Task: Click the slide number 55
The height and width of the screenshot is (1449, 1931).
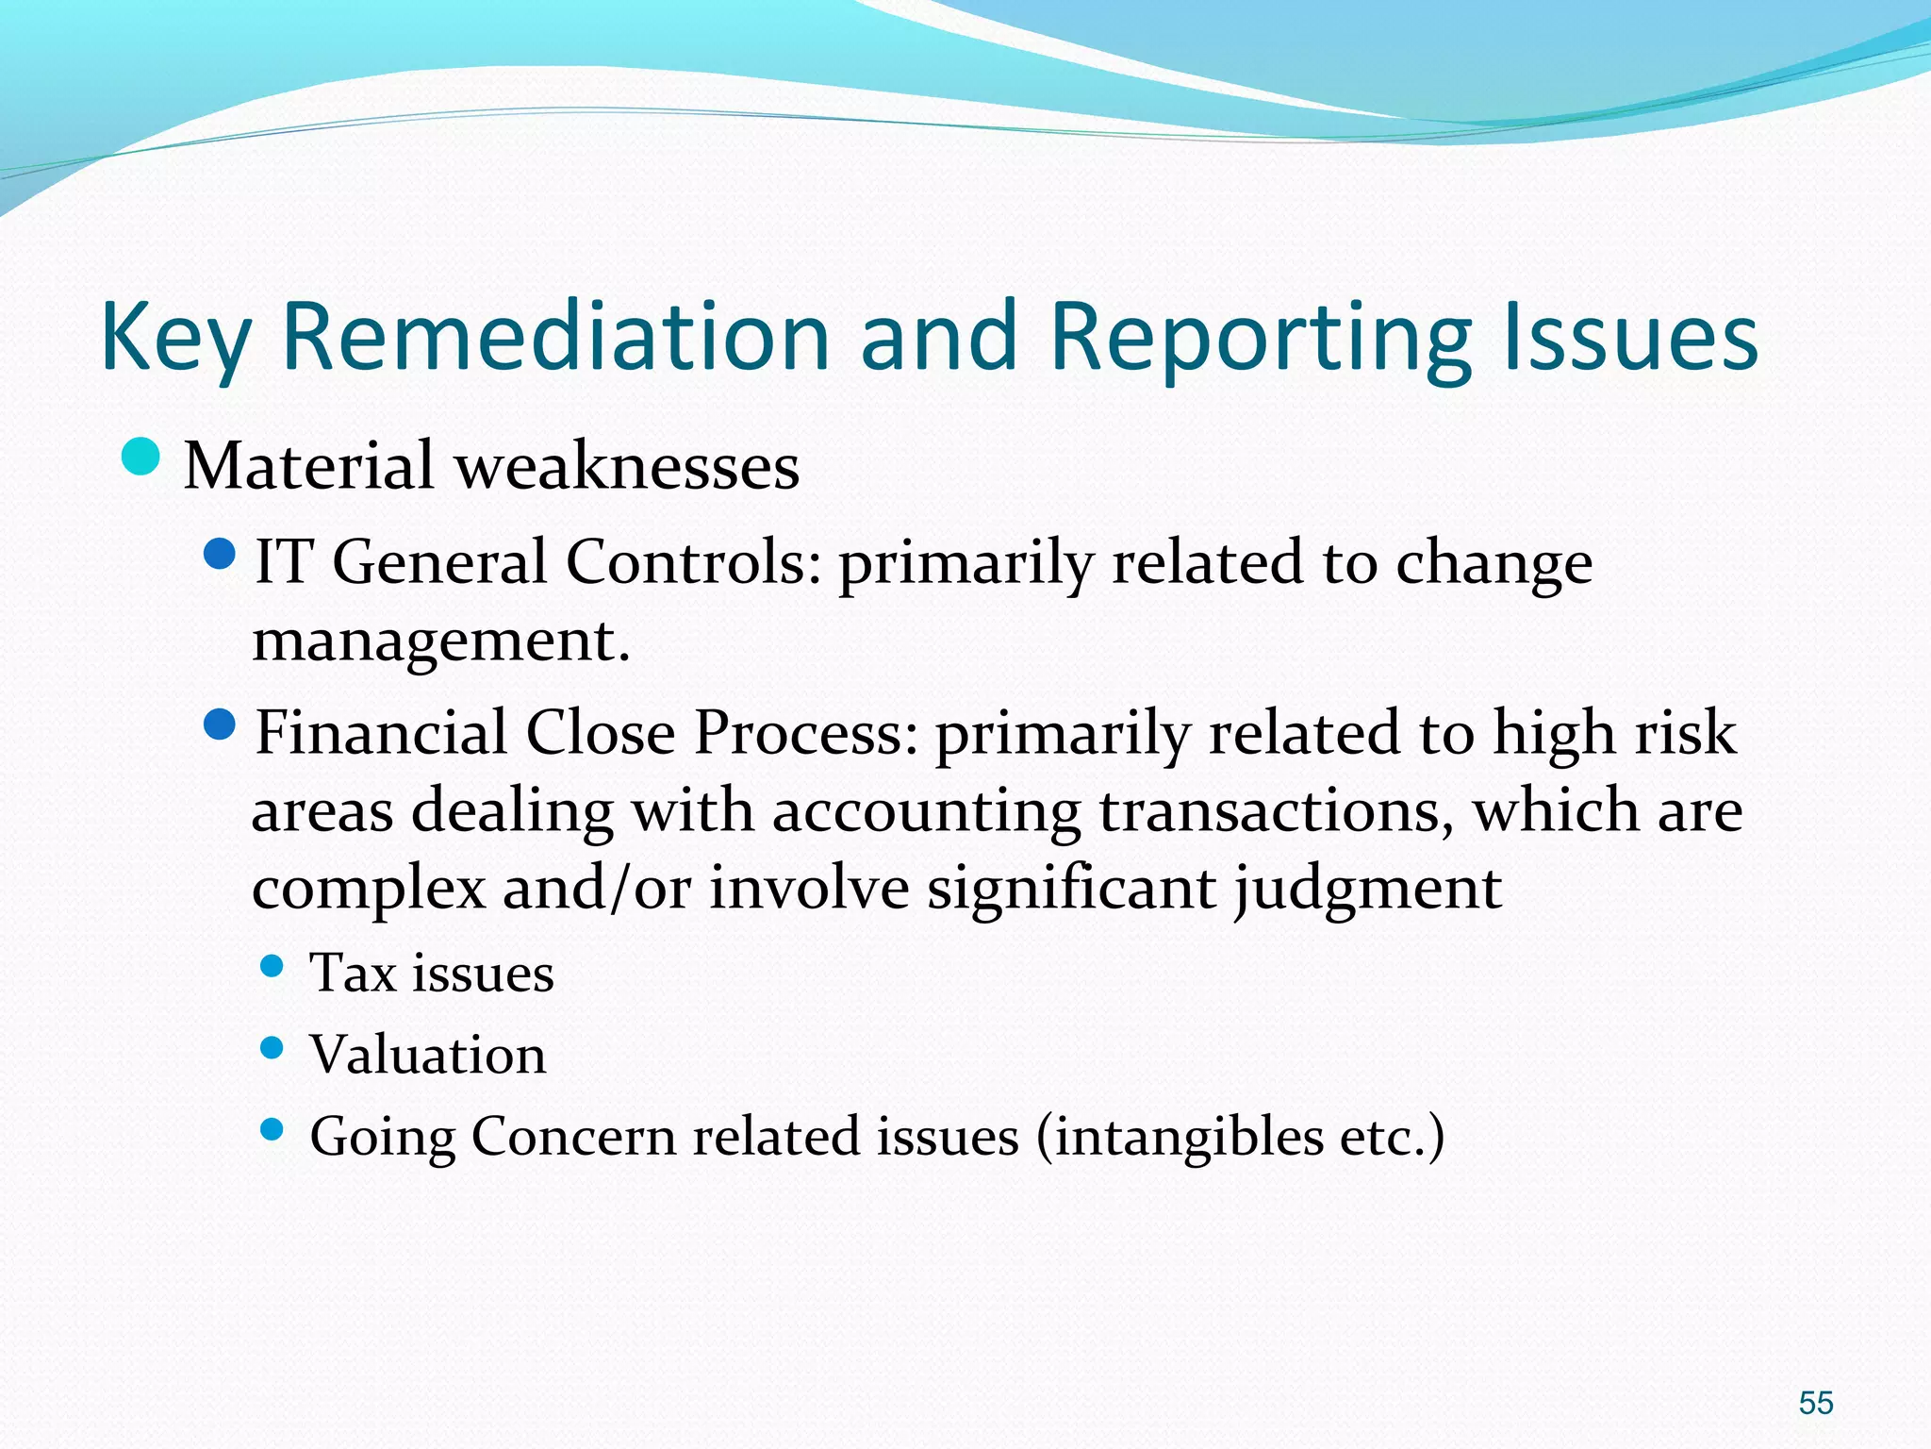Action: [x=1815, y=1402]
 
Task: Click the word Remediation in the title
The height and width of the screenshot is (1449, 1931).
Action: [x=555, y=337]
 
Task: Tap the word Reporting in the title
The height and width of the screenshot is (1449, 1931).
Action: [x=1261, y=337]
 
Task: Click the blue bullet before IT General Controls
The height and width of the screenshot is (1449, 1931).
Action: [x=219, y=555]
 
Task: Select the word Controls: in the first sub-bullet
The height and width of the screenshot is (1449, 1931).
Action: [x=693, y=563]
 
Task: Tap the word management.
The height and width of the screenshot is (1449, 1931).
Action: [x=440, y=641]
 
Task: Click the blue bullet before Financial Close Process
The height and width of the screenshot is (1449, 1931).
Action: [x=219, y=725]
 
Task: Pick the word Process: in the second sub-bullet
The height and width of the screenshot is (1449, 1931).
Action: [x=806, y=734]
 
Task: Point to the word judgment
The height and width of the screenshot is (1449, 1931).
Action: [x=1368, y=890]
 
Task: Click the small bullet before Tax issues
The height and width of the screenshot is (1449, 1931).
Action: [x=272, y=966]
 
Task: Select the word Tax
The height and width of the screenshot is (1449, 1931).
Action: [x=353, y=974]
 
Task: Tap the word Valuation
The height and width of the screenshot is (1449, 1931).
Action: [x=428, y=1055]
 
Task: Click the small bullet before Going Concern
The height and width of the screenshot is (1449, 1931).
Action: [x=272, y=1129]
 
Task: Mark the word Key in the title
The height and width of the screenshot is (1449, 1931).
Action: [x=176, y=337]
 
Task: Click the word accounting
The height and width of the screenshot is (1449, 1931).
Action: [x=926, y=811]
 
